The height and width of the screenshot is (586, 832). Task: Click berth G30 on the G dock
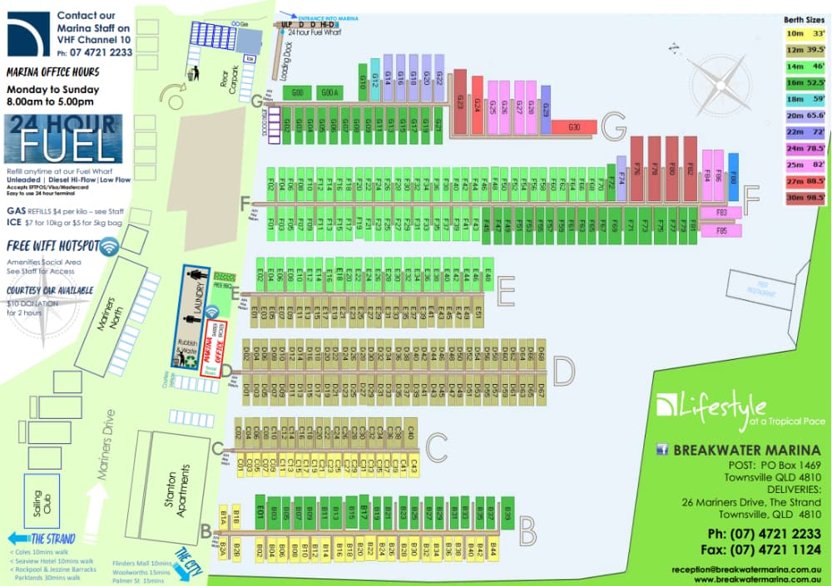pos(574,127)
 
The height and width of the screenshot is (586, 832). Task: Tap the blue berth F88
pos(733,176)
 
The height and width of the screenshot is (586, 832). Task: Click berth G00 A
pos(331,92)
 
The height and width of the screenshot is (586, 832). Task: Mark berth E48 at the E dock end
pos(488,276)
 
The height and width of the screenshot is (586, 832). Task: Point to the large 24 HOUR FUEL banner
pos(63,139)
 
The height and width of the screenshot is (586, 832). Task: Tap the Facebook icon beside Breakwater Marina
pos(663,450)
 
